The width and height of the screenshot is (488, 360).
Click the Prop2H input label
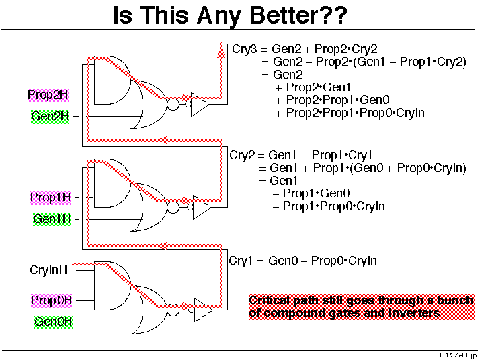pyautogui.click(x=48, y=95)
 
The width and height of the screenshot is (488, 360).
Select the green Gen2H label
pyautogui.click(x=50, y=116)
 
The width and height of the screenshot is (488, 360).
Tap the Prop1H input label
pyautogui.click(x=50, y=197)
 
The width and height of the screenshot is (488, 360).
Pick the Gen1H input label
pyautogui.click(x=52, y=219)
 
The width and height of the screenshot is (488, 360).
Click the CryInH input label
pyautogui.click(x=48, y=270)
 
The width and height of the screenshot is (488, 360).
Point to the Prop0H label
pyautogui.click(x=51, y=300)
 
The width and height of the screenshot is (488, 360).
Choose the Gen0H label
pyautogui.click(x=53, y=322)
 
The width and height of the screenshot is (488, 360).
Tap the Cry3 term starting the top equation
pyautogui.click(x=245, y=49)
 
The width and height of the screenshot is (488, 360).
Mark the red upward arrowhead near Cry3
pyautogui.click(x=221, y=50)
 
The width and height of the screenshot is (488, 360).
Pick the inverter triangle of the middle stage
pyautogui.click(x=202, y=207)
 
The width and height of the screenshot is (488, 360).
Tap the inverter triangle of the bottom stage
pyautogui.click(x=203, y=310)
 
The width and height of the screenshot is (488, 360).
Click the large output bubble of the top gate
pyautogui.click(x=173, y=105)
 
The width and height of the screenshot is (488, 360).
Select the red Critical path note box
pyautogui.click(x=362, y=307)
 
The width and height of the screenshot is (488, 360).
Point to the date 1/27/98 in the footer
pyautogui.click(x=456, y=355)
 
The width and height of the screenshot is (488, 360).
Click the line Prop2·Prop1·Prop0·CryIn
pyautogui.click(x=355, y=113)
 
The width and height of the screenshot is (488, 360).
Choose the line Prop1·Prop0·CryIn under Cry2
pyautogui.click(x=333, y=206)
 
